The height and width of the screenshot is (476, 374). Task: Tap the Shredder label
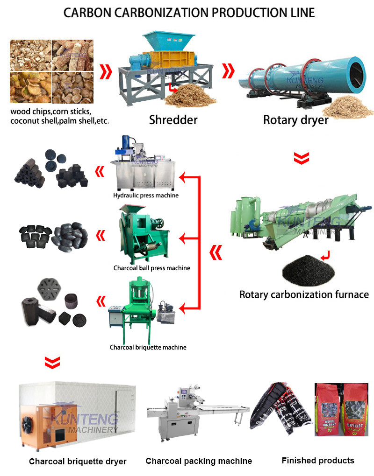(173, 120)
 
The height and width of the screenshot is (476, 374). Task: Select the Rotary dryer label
(295, 120)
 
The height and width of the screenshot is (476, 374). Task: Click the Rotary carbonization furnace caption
(304, 294)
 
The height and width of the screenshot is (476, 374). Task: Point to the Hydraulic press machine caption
(146, 195)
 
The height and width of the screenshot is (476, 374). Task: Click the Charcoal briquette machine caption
(148, 347)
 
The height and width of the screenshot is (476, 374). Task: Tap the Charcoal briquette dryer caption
(78, 462)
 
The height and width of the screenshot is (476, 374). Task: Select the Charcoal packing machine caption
(199, 461)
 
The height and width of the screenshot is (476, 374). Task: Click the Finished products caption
(318, 461)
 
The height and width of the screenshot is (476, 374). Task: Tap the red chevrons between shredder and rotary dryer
(228, 71)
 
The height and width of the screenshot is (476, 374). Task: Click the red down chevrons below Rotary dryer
(302, 158)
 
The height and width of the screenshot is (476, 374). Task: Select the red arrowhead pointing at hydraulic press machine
(184, 177)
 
